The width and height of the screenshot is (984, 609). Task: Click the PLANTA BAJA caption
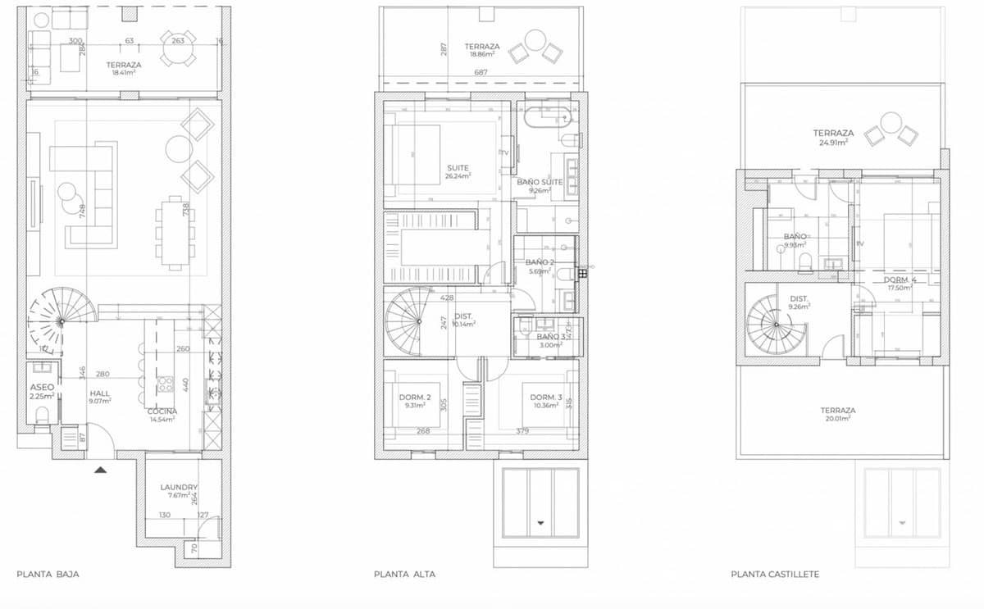[x=48, y=575]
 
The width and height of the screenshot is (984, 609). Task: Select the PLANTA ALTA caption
[x=404, y=575]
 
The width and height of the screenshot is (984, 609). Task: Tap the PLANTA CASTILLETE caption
[x=774, y=575]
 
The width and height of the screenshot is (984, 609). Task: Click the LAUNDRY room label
[x=179, y=488]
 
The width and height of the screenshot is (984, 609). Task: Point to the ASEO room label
[x=42, y=387]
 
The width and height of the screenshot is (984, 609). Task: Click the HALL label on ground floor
[x=100, y=393]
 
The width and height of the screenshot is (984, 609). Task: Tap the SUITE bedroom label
[x=458, y=168]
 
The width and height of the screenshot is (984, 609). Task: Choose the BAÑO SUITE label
[x=540, y=182]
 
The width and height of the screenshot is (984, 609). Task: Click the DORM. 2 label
[x=415, y=398]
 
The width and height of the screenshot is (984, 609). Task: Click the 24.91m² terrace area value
[x=833, y=142]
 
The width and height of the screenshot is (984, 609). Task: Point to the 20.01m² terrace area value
[x=838, y=418]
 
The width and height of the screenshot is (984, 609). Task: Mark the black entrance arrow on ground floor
[x=100, y=470]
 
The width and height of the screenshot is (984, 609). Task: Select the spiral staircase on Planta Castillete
[x=775, y=322]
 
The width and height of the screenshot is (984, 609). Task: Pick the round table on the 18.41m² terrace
[x=179, y=48]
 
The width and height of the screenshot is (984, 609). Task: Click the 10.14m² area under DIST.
[x=463, y=324]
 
